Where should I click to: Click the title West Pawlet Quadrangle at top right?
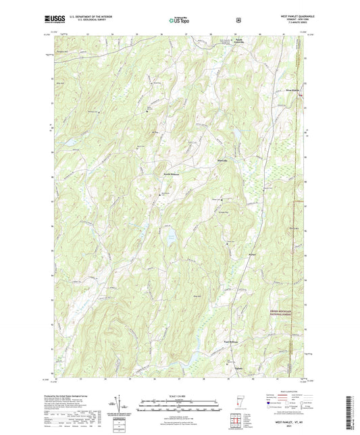coord(288,16)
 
